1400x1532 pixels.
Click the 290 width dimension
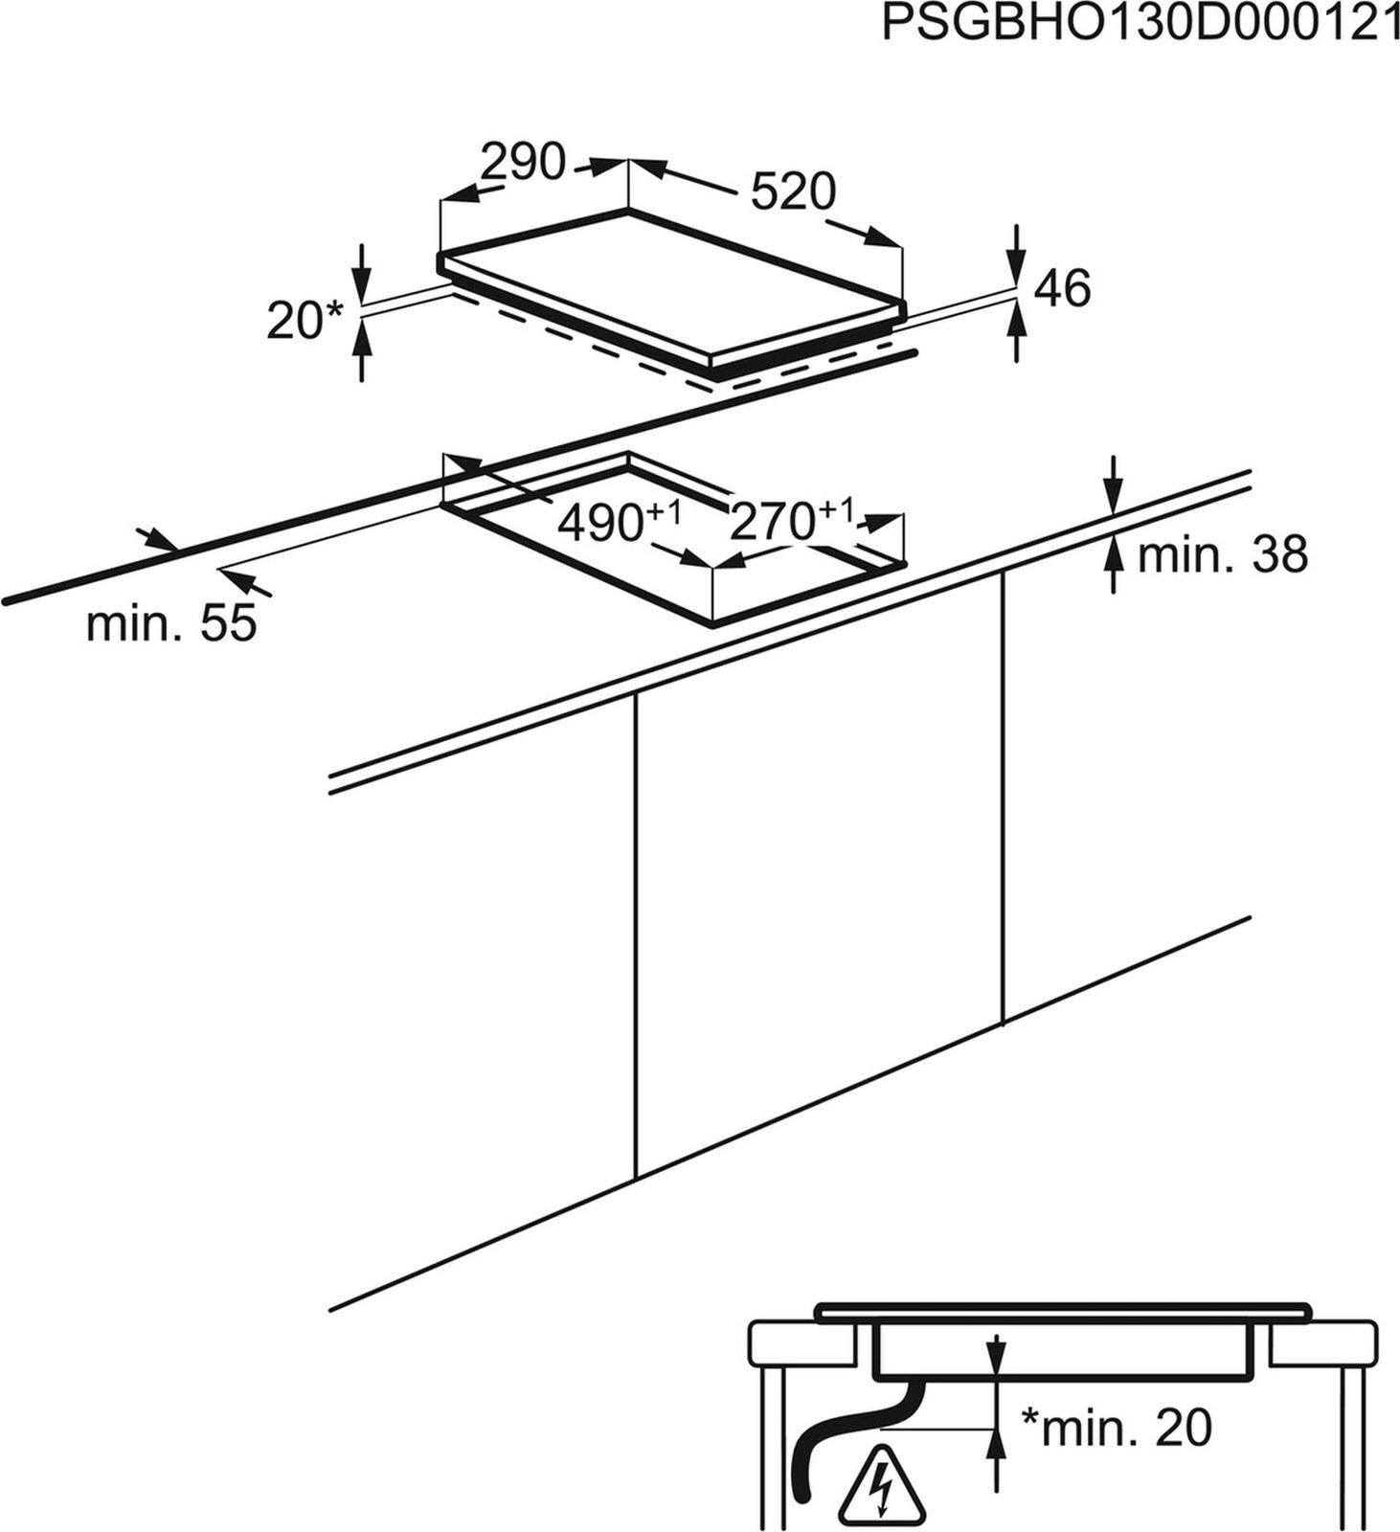(523, 162)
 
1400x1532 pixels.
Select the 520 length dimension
(793, 191)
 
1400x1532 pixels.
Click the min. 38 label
(1222, 554)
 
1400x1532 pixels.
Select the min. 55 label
(171, 623)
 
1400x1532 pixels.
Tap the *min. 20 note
(1116, 1428)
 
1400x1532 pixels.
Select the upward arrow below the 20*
(362, 351)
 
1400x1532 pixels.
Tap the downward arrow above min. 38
(1112, 485)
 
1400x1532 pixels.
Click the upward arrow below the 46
(1016, 330)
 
